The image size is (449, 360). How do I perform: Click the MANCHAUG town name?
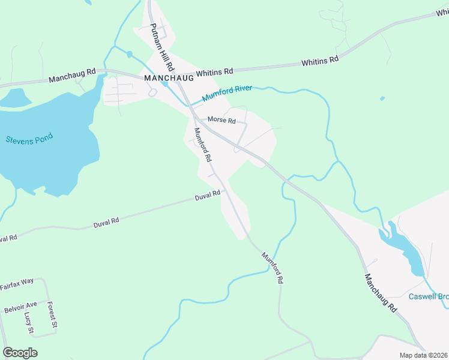point(169,78)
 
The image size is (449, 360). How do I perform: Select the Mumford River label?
point(226,94)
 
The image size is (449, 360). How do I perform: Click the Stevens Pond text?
point(29,139)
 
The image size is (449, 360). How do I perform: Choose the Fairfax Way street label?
point(25,283)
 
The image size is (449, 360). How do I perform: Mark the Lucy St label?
point(28,322)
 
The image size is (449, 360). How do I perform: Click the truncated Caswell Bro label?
point(429,296)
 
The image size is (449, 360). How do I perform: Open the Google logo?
point(20,352)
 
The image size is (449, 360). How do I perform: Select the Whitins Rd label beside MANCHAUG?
point(214,72)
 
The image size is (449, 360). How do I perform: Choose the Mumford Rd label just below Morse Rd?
point(202,145)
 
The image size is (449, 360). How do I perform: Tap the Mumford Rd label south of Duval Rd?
point(272,267)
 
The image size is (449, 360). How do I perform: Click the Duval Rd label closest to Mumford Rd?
point(208,196)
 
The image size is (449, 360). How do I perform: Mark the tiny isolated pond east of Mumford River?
point(382,98)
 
